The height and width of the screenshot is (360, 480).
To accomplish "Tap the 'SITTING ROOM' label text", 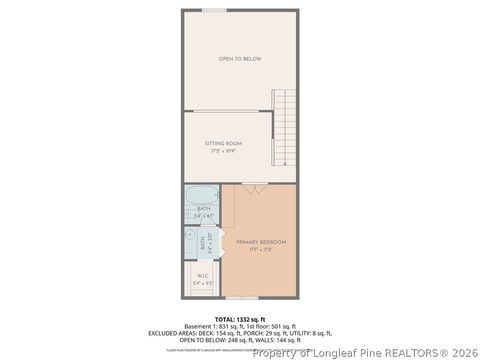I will click(x=223, y=143).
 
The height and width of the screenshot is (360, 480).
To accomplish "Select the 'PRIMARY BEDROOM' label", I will click(x=260, y=242).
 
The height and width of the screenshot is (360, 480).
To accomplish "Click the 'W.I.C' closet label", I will click(x=202, y=277).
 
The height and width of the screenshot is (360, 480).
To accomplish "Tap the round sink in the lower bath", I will click(x=190, y=236).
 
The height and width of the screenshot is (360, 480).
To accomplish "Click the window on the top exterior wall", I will click(x=213, y=10).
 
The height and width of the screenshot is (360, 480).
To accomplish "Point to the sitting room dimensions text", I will click(x=223, y=150).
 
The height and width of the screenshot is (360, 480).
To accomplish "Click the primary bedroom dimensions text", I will click(x=260, y=249).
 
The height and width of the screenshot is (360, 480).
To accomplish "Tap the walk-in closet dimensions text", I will click(x=202, y=284).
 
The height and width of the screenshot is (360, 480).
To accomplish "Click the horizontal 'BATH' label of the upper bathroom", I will click(x=204, y=208).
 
